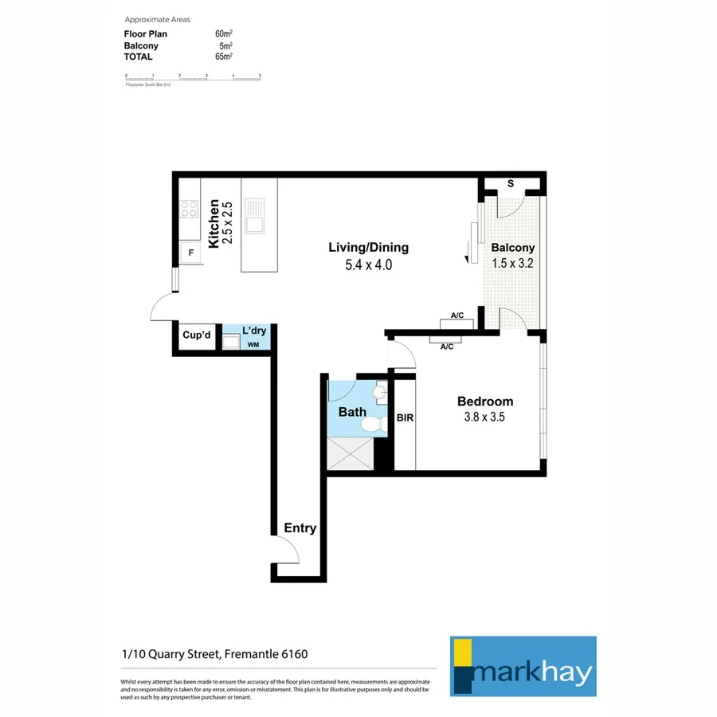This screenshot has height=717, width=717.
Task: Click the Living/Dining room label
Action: (x=368, y=247)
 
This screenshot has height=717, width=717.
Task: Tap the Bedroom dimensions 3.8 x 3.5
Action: (x=484, y=417)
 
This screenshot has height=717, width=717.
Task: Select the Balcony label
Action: (x=512, y=248)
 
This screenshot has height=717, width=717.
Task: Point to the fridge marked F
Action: (x=190, y=255)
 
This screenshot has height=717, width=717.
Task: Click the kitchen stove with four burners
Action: (x=189, y=209)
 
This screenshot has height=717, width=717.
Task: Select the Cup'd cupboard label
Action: (x=196, y=335)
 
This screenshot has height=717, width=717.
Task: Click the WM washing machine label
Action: (x=253, y=345)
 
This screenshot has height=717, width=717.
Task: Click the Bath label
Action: (x=352, y=412)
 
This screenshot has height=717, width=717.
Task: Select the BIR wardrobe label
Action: (x=405, y=417)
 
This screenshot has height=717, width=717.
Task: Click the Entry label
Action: (x=300, y=528)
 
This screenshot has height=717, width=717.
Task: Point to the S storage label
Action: (x=511, y=184)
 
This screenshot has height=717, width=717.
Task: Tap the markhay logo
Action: (x=523, y=666)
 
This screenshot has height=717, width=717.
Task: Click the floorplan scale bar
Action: (x=193, y=76)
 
